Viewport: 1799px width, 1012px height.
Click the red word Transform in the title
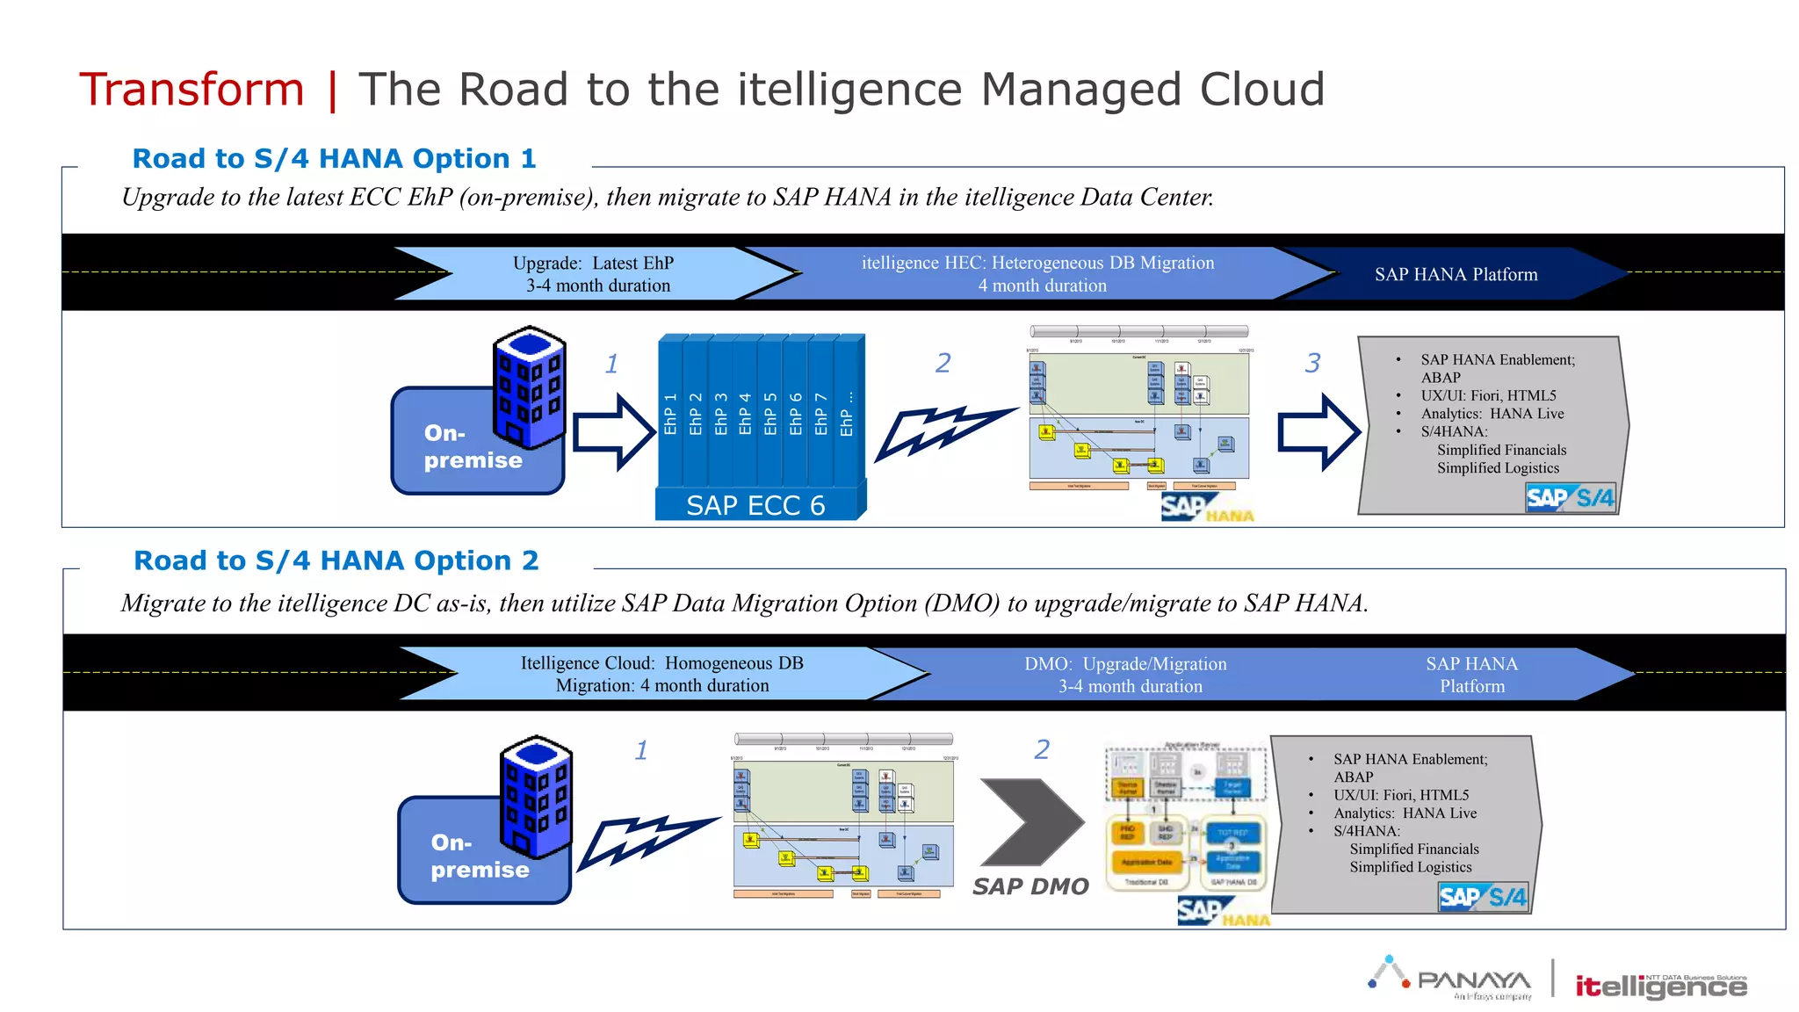point(191,90)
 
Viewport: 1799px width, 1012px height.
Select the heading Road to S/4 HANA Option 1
point(334,159)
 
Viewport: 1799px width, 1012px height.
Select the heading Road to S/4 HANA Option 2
point(336,560)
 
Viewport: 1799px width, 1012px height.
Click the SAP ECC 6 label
point(755,505)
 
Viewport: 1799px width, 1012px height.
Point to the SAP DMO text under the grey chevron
point(1030,886)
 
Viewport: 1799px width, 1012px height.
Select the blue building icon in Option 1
point(529,387)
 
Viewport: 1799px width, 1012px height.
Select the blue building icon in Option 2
point(536,796)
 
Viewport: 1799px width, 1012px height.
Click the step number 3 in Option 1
point(1312,363)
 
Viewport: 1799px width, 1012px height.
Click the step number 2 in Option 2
point(1042,749)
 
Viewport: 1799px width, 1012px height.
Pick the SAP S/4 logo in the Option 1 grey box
point(1570,498)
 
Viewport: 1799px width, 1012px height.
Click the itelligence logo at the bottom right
point(1660,987)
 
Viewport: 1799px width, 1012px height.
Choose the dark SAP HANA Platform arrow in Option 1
point(1456,274)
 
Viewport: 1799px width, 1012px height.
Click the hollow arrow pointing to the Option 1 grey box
point(1318,432)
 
